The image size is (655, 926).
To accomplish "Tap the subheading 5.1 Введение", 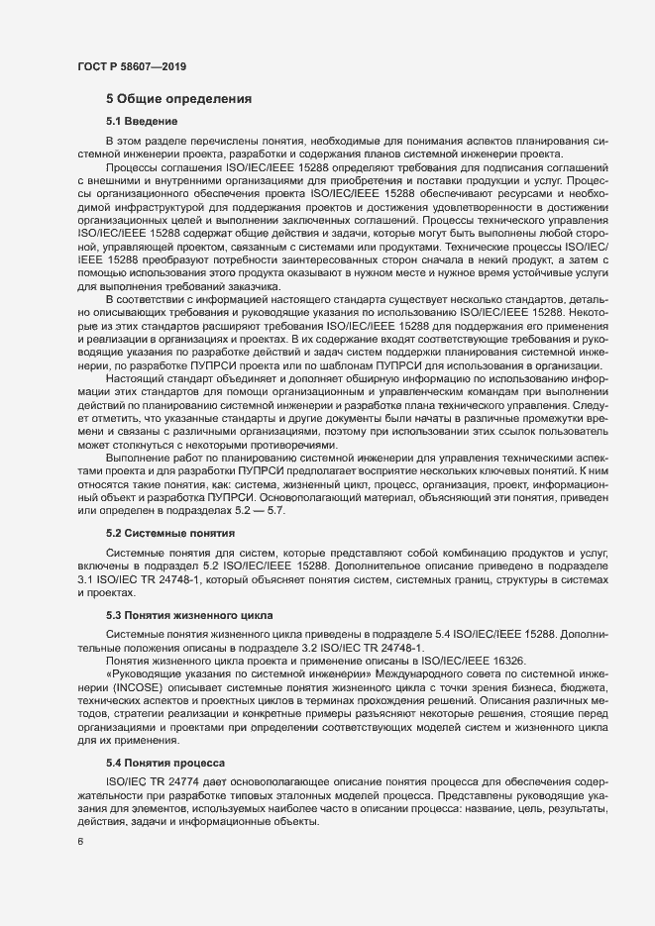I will click(x=142, y=121).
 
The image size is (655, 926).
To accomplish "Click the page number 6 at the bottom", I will click(x=80, y=844).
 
